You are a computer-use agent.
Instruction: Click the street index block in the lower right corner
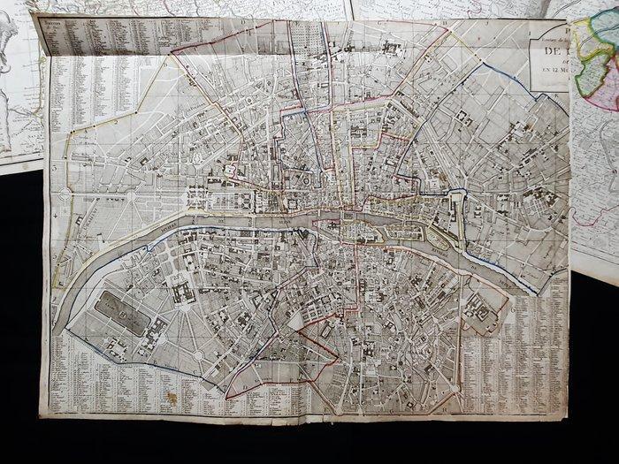pos(531,345)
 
